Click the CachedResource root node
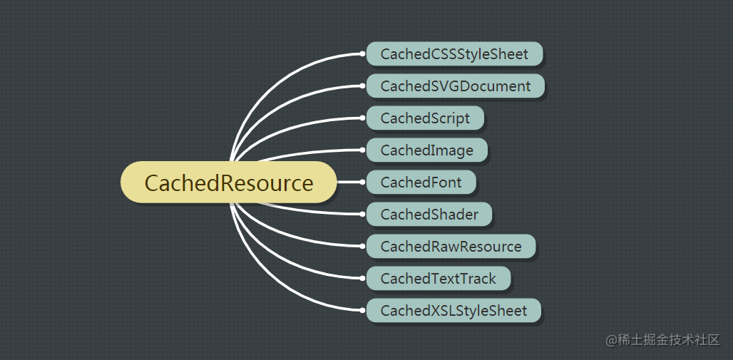coord(229,182)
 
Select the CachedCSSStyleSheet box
coord(454,54)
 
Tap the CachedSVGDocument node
coord(455,86)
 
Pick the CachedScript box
coord(425,118)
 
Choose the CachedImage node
coord(426,150)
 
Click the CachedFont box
coord(421,182)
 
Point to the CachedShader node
coord(429,215)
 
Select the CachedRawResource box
coord(451,247)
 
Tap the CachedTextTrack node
coord(438,279)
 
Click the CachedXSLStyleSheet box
coord(453,311)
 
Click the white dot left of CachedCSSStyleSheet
coord(363,54)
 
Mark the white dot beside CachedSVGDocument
coord(363,86)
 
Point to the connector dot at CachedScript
coord(363,118)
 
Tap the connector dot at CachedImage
coord(363,150)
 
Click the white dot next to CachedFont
coord(363,182)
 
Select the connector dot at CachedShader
coord(363,215)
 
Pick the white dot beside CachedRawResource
coord(363,247)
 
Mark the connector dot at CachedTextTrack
coord(363,279)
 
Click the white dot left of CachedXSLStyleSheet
coord(363,311)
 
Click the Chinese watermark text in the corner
coord(662,340)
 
